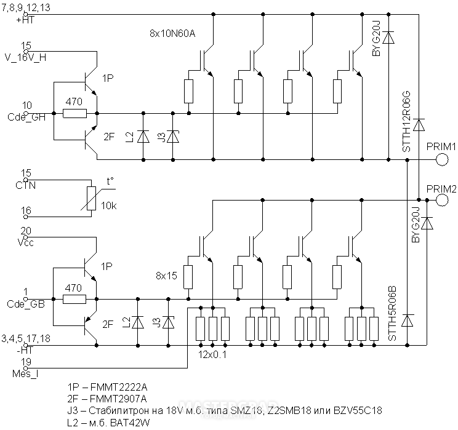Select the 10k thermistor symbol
pos(92,199)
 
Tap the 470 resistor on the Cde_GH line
pos(74,113)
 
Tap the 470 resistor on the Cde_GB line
pos(74,299)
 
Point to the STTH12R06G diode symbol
pos(419,125)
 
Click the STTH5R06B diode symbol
pos(407,321)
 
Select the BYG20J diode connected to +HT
pos(388,38)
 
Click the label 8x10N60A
pos(172,34)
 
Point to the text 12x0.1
pos(212,355)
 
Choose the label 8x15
pos(166,276)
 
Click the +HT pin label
pos(26,20)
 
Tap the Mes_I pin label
pos(25,373)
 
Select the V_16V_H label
pos(26,57)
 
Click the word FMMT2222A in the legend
pos(119,387)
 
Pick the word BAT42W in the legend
pos(130,423)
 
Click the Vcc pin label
pos(26,242)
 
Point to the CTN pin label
pos(26,185)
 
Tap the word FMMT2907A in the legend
pos(118,399)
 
